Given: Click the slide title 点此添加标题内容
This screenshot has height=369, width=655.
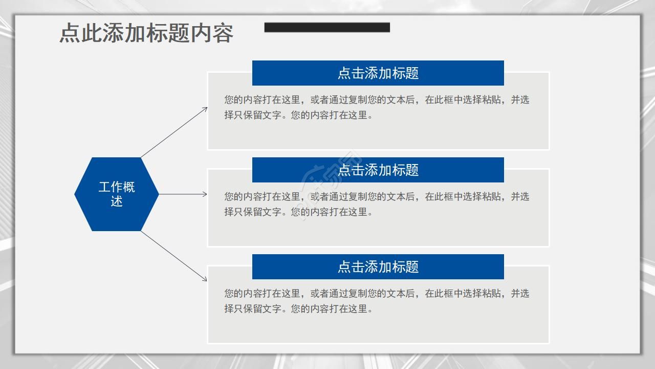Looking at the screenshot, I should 146,33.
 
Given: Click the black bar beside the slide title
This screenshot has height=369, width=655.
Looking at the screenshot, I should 327,27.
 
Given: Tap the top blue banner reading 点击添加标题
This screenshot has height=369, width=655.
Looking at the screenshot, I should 378,73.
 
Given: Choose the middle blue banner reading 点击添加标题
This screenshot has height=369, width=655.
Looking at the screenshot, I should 378,170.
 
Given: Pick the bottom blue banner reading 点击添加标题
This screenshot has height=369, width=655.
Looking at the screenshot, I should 378,266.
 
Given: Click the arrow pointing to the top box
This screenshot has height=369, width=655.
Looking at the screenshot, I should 174,132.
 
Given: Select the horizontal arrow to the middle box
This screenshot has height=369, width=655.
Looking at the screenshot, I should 183,194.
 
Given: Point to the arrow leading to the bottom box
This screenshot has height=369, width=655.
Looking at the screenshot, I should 174,256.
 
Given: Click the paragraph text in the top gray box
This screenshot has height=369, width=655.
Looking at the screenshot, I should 377,107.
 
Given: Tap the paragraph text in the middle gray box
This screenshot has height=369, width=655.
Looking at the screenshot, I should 377,204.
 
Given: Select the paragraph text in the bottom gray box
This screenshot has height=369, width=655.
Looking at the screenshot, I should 377,301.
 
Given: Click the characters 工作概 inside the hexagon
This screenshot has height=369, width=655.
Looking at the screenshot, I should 117,187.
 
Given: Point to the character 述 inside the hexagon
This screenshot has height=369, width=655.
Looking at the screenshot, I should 117,201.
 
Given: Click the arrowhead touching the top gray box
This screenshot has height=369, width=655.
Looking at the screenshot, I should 205,109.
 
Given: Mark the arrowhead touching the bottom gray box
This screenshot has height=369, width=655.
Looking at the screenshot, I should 205,279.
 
